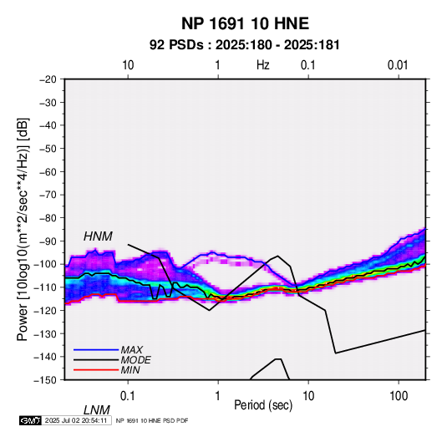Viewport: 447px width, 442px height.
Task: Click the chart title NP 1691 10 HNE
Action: point(245,23)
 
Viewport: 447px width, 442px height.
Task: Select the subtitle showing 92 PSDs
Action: point(245,45)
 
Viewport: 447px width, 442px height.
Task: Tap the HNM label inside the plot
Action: point(98,236)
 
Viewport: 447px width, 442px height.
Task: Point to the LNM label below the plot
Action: point(97,410)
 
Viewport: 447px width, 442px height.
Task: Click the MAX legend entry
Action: point(132,349)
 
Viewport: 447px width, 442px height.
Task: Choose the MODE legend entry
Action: point(135,360)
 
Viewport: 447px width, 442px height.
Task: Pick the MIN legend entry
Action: point(130,370)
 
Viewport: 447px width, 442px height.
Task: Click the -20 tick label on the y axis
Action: point(48,79)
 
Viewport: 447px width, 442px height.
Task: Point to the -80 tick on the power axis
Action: point(48,218)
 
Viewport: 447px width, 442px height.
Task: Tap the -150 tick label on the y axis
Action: point(45,380)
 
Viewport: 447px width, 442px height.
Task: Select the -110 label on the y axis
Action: point(45,287)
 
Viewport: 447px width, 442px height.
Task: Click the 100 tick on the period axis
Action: point(398,396)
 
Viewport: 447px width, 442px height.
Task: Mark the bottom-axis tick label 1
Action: point(218,396)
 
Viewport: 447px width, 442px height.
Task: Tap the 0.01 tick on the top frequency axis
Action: point(398,65)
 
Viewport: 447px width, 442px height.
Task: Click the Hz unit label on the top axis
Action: point(263,65)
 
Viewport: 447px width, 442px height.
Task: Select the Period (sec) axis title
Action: point(263,405)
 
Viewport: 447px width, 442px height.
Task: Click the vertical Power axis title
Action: point(23,230)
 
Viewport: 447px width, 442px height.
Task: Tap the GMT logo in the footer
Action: point(31,420)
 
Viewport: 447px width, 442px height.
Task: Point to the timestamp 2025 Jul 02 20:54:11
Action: point(76,420)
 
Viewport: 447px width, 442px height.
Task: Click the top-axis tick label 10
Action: point(128,65)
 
